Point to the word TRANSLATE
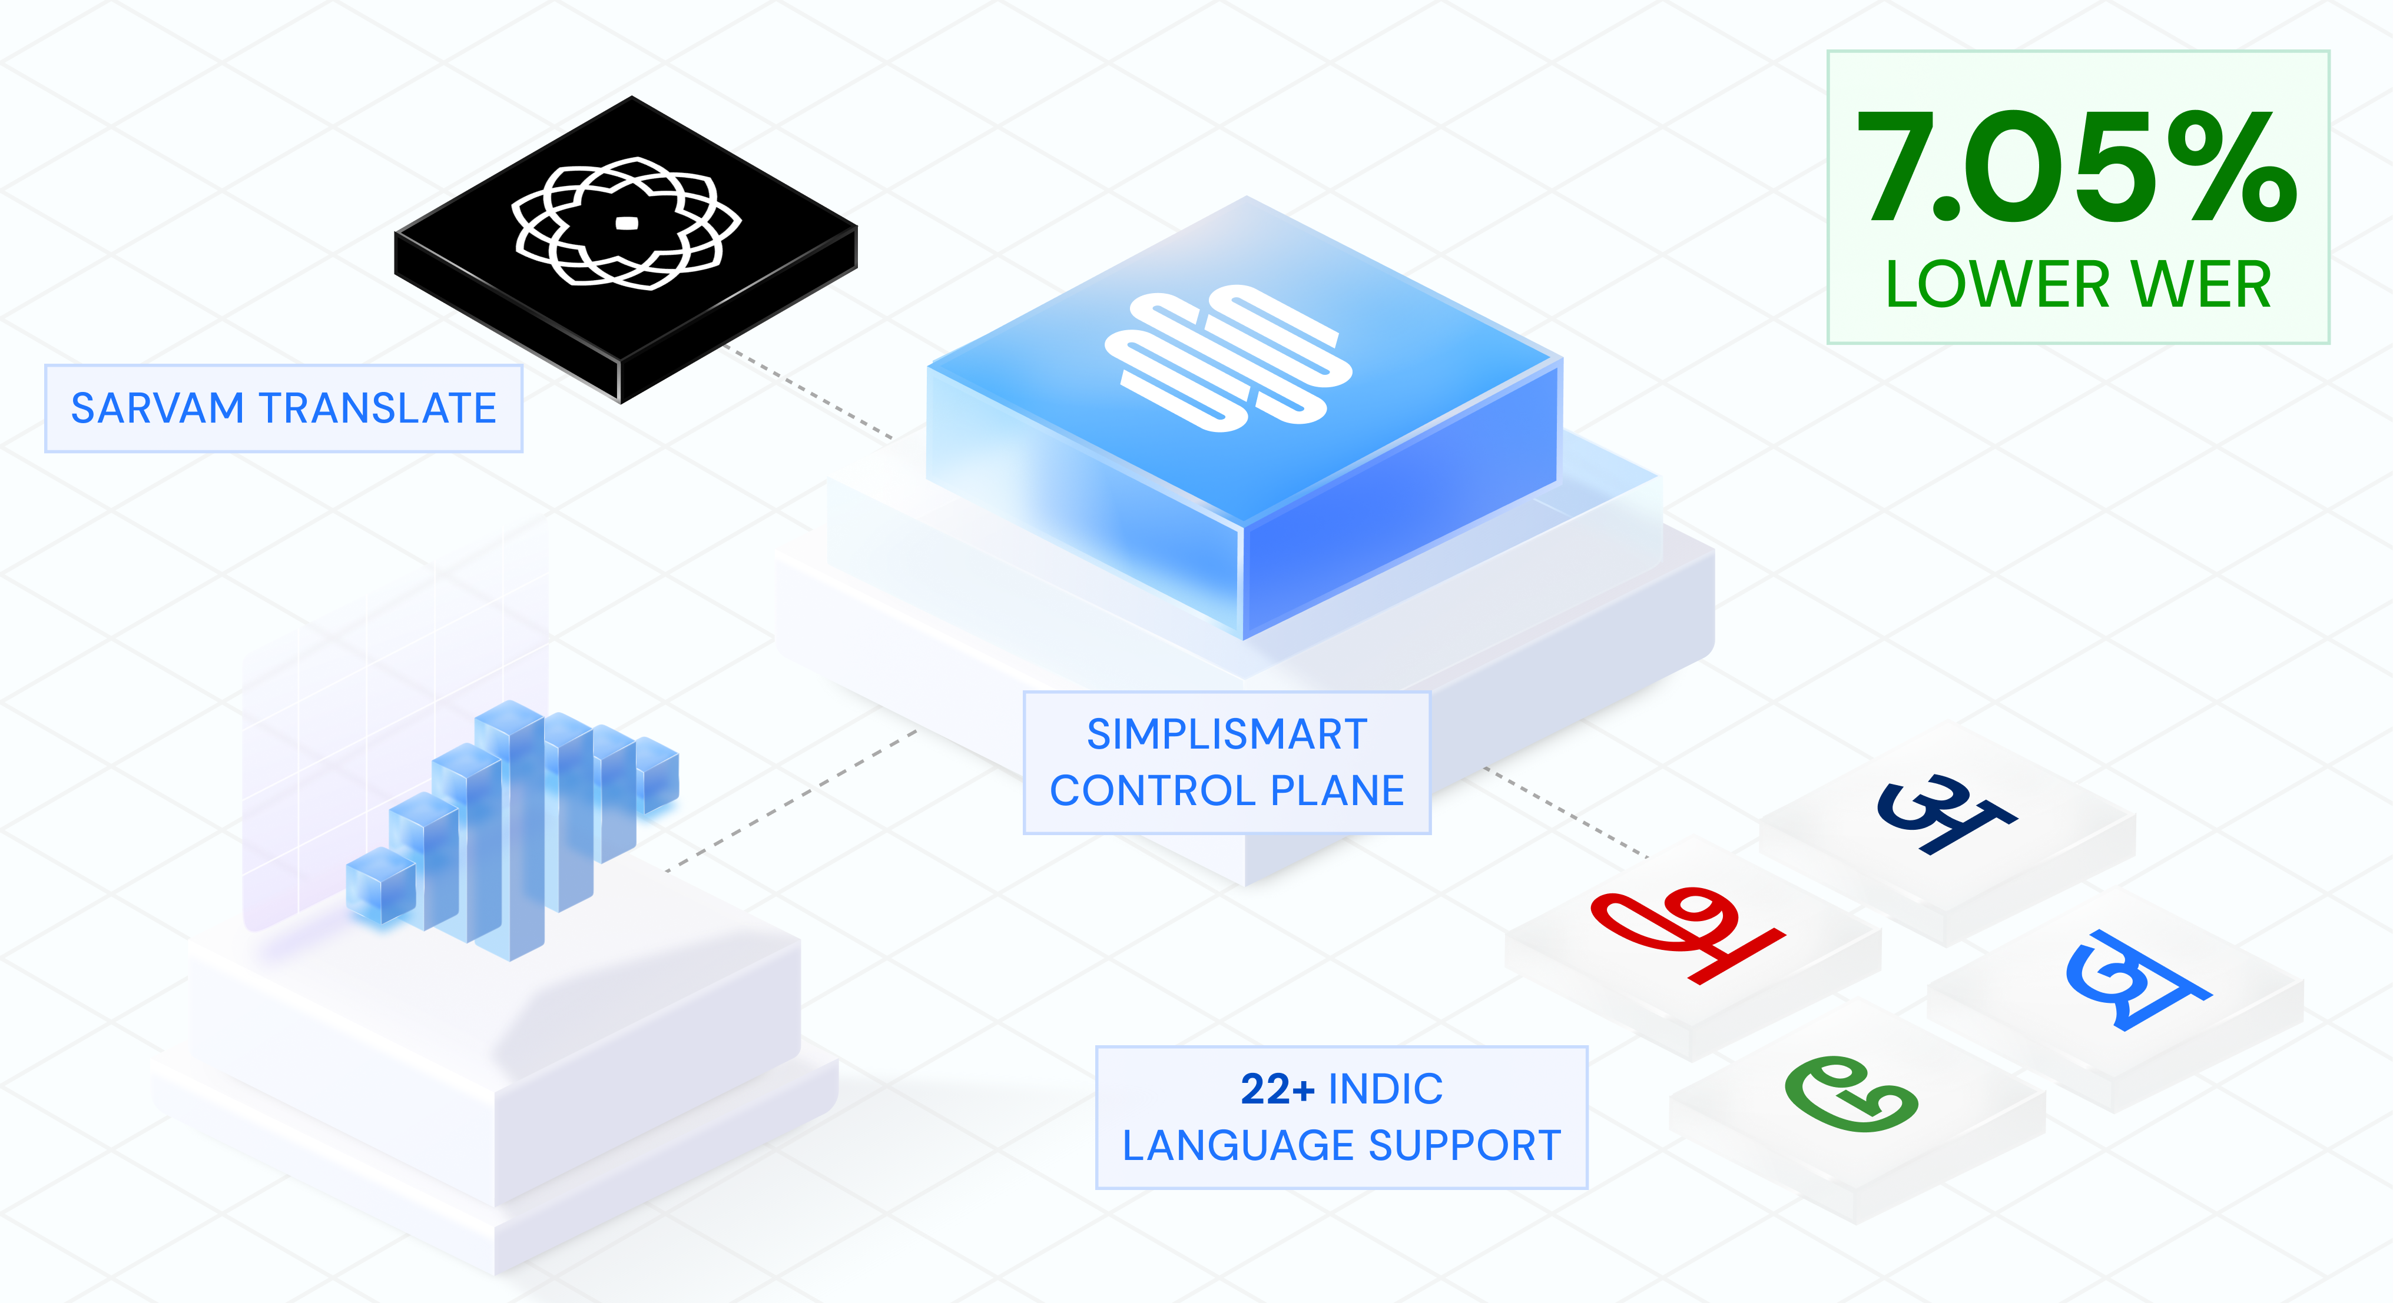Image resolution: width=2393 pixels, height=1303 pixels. (x=377, y=408)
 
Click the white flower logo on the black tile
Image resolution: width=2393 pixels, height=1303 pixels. (x=626, y=223)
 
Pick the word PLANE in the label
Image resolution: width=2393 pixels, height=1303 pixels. (x=1338, y=791)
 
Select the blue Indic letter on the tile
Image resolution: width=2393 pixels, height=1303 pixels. (x=2137, y=980)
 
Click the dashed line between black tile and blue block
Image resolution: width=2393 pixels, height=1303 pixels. (x=808, y=391)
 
